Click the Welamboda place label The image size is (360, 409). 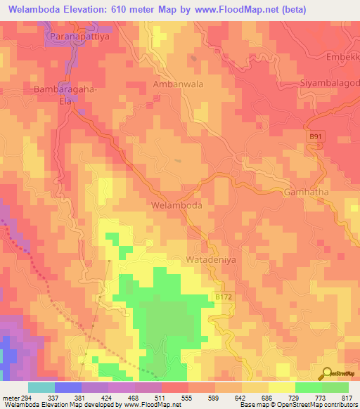[176, 206]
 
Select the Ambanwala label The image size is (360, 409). [178, 84]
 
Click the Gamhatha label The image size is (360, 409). [307, 192]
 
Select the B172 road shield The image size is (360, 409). [223, 298]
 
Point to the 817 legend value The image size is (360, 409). [347, 397]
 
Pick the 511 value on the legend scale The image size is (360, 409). [161, 397]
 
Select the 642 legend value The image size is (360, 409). [241, 397]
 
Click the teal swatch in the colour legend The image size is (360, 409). [41, 387]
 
